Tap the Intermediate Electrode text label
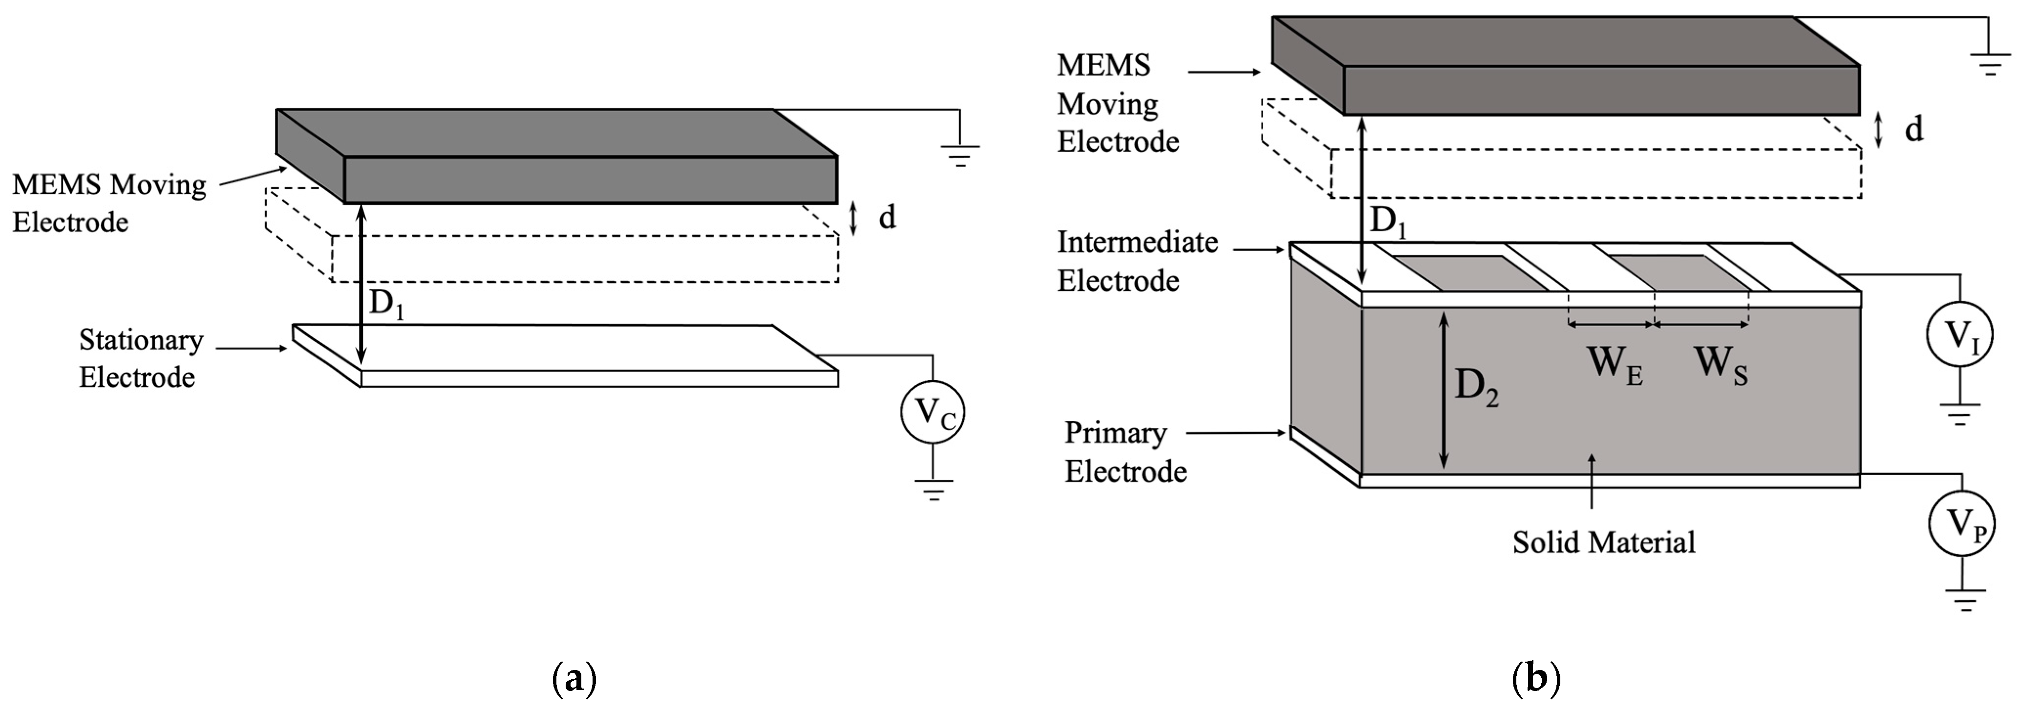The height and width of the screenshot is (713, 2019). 1136,261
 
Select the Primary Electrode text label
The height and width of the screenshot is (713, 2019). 1125,452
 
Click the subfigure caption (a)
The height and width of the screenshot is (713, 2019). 574,678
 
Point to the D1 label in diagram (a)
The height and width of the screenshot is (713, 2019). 386,304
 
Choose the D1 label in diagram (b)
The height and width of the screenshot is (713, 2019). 1388,223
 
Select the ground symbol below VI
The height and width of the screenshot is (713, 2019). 1959,413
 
